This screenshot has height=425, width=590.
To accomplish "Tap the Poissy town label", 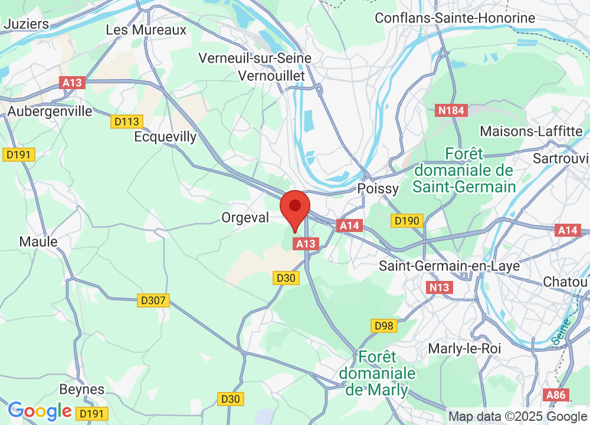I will click(x=378, y=188).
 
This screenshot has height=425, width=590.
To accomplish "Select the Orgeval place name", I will click(x=245, y=218).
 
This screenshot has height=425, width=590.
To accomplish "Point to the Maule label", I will click(x=38, y=241).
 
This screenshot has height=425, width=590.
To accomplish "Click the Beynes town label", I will click(x=82, y=390).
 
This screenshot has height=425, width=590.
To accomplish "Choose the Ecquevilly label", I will click(x=165, y=137).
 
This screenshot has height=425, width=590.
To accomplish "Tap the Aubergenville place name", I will click(x=50, y=111).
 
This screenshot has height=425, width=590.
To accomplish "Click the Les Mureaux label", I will click(x=146, y=30).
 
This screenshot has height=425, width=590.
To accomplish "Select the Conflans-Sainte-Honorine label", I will click(x=455, y=18).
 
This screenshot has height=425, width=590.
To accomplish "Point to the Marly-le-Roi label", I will click(x=465, y=348).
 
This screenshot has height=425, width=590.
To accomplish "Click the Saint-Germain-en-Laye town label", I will click(x=450, y=266).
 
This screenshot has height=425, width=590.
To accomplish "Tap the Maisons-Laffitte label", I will click(x=532, y=130).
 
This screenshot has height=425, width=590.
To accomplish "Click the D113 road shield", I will click(x=127, y=122).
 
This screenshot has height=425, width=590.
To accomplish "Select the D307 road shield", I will click(x=153, y=301).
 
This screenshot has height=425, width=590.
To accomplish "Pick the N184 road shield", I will click(x=451, y=110).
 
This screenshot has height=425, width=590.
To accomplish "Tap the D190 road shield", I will click(x=407, y=221).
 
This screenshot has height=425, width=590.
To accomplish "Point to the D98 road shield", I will click(x=384, y=325).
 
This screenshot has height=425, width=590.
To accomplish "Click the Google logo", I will click(x=40, y=411).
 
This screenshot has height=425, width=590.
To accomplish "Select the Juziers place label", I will click(x=26, y=24).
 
